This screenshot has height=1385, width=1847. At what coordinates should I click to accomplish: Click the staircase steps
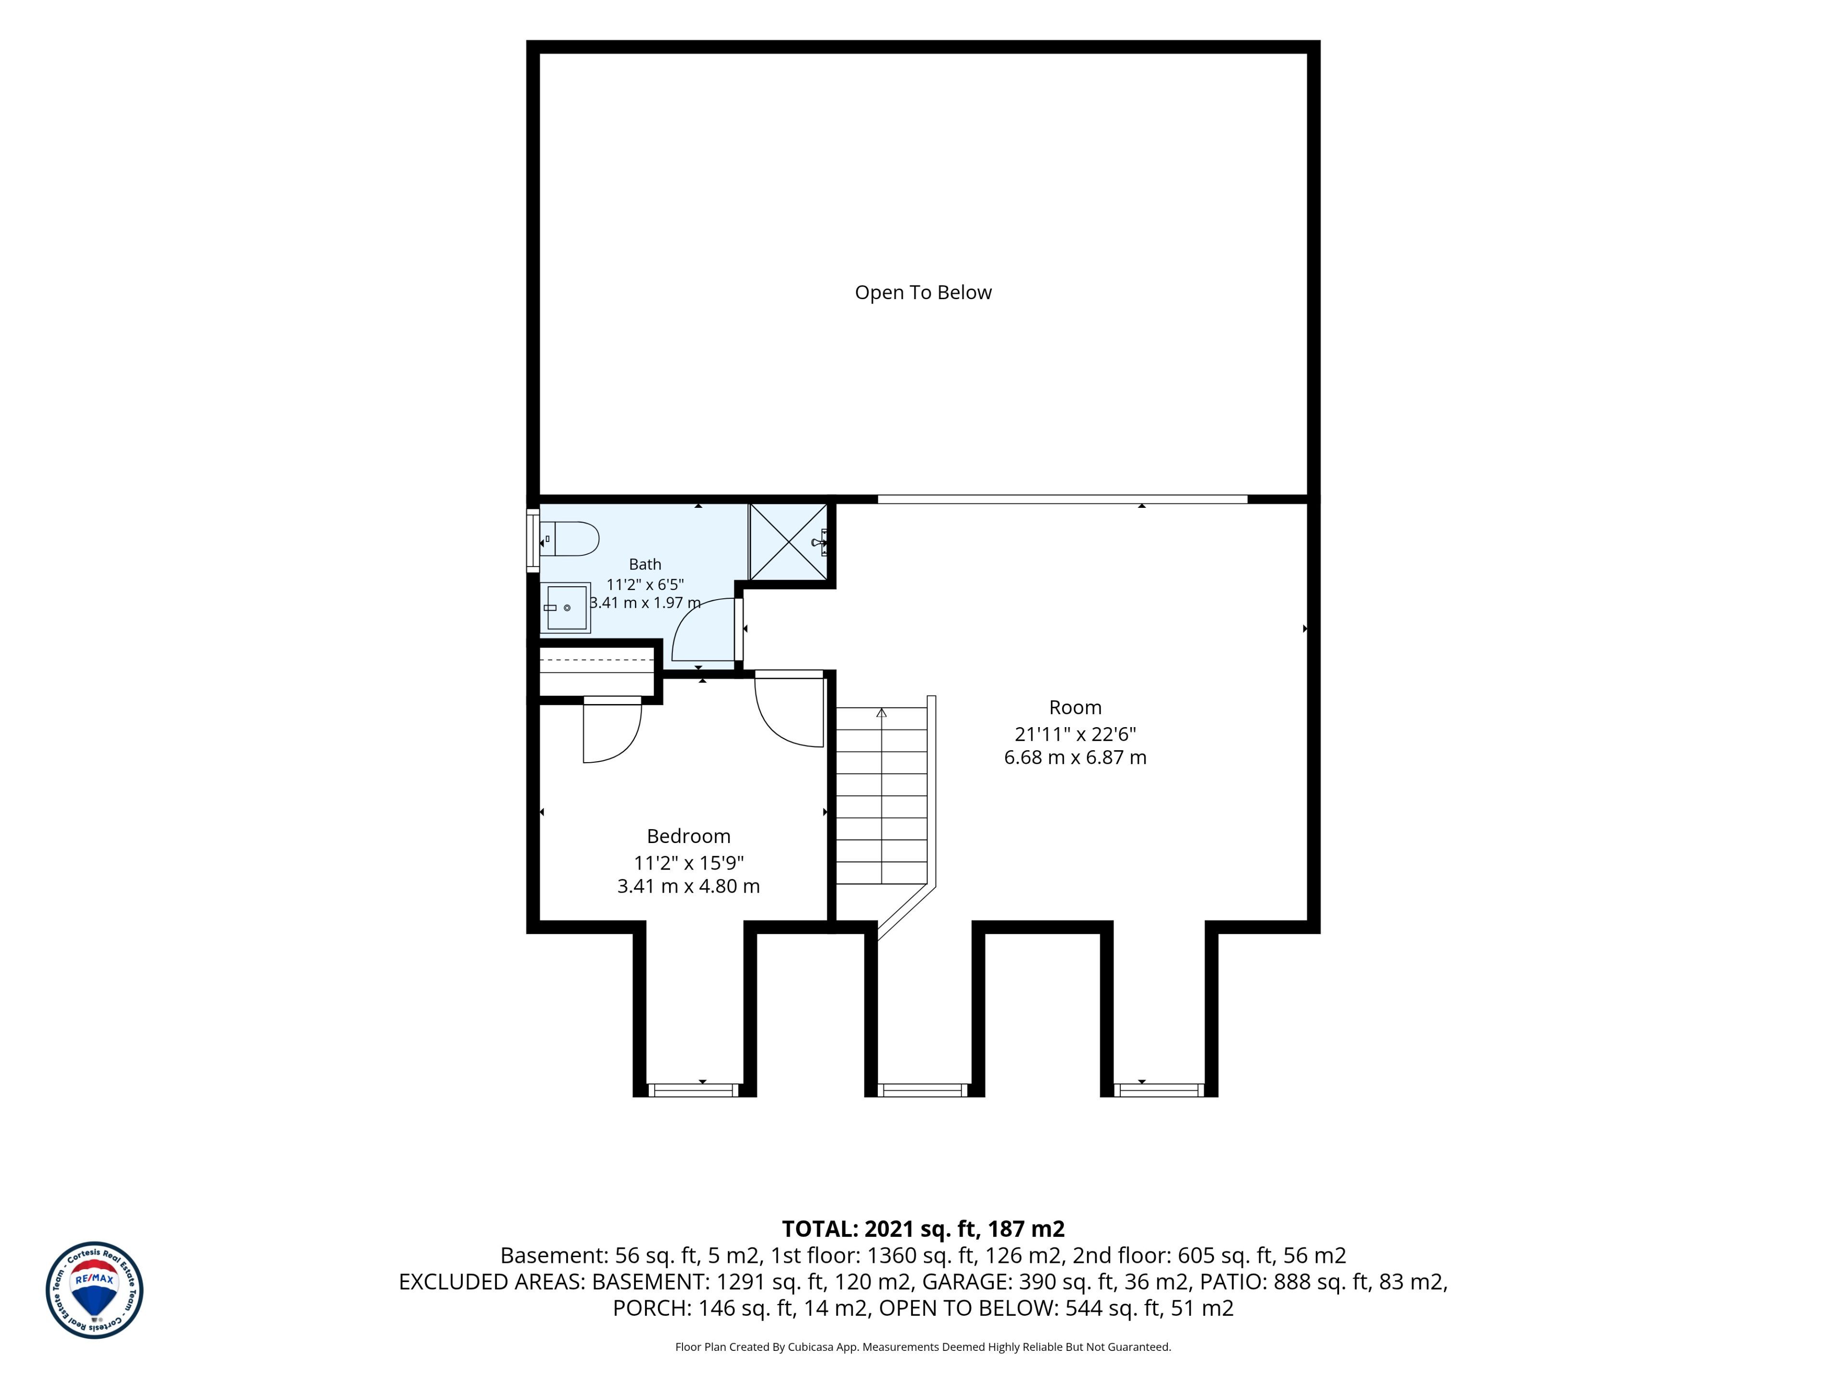[x=882, y=795]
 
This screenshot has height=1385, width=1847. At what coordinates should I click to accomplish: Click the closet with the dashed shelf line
[x=596, y=670]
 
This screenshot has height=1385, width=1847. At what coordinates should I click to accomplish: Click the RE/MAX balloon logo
[x=94, y=1290]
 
